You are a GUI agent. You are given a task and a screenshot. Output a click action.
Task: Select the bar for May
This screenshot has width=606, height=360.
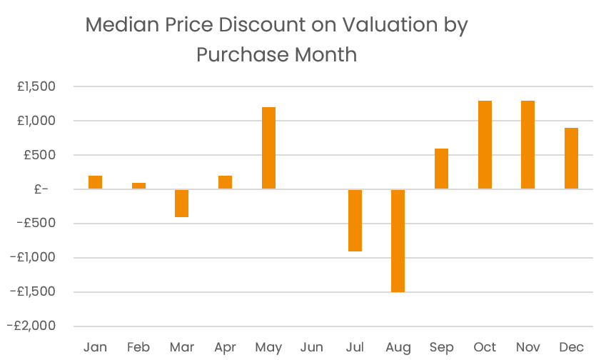(268, 148)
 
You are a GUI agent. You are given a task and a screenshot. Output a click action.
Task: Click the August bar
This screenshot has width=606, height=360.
(398, 241)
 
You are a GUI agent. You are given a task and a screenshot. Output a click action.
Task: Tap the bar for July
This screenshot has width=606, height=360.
(355, 220)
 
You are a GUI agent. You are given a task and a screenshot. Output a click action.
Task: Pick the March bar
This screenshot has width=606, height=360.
(181, 203)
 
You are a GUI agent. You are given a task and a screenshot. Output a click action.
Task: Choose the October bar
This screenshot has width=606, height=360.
(485, 145)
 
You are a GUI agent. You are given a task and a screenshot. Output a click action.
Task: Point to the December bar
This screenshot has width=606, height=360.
(571, 159)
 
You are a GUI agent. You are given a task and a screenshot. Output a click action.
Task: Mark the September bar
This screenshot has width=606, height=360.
(441, 169)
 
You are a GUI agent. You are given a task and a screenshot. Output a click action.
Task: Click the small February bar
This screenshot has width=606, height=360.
(138, 186)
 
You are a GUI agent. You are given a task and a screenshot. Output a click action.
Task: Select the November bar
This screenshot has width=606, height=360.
(528, 145)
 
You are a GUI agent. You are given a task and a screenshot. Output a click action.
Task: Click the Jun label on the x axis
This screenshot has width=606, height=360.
(312, 348)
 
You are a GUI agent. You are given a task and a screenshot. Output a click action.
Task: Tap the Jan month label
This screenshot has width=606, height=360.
(95, 348)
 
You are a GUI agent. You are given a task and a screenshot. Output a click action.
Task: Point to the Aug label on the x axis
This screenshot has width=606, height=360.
(398, 348)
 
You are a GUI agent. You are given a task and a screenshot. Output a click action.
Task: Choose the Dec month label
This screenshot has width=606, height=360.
(571, 348)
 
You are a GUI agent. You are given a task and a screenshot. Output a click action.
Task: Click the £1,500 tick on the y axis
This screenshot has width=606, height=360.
(36, 86)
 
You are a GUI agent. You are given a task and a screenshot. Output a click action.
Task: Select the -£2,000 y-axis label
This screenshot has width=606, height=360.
(32, 326)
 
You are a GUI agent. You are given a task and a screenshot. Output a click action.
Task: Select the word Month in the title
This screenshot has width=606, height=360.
(323, 54)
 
